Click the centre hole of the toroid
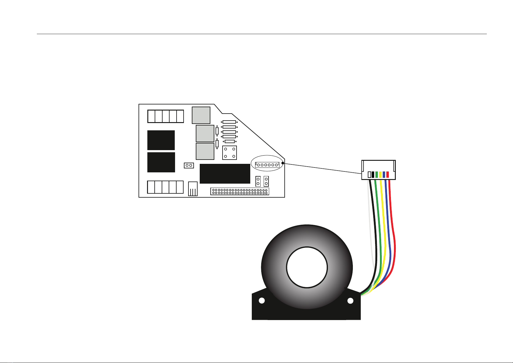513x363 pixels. click(307, 267)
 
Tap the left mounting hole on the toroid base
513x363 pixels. click(261, 301)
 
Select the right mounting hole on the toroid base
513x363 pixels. click(350, 301)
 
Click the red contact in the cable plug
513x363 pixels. click(388, 174)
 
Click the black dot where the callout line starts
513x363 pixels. click(283, 163)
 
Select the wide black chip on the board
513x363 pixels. click(225, 174)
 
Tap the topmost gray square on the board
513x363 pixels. click(201, 115)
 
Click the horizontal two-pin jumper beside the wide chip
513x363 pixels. click(189, 165)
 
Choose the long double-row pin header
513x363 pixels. click(240, 191)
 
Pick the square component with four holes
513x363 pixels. click(230, 153)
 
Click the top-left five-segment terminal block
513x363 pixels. click(166, 116)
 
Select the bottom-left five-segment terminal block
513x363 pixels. click(165, 187)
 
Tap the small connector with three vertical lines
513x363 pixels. click(193, 189)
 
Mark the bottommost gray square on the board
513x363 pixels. click(205, 151)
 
